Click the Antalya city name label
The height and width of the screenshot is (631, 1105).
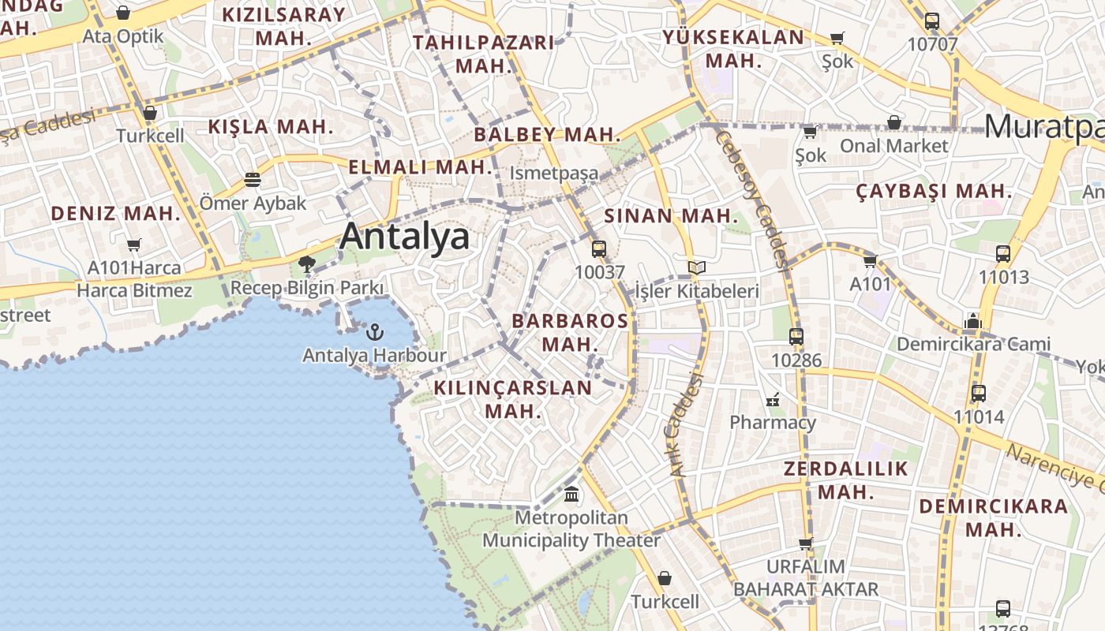point(404,237)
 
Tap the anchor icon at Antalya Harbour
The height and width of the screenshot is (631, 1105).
point(375,331)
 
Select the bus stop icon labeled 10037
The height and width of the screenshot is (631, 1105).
point(599,249)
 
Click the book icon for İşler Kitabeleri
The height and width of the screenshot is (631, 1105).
point(696,268)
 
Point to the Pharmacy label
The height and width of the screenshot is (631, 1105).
point(772,422)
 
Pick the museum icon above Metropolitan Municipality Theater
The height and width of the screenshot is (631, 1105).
point(571,495)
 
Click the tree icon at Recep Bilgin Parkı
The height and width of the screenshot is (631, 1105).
point(307,264)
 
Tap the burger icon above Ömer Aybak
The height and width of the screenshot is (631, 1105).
point(253,180)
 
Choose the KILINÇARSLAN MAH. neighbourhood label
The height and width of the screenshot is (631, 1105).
point(512,399)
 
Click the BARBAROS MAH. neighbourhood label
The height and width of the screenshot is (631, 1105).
point(570,332)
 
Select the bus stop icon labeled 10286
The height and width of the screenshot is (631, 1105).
point(796,337)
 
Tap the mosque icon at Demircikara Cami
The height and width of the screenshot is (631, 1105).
point(972,321)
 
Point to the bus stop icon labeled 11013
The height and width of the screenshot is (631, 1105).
point(1002,254)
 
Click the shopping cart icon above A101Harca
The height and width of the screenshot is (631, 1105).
point(134,245)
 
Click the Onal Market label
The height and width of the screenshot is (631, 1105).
point(893,146)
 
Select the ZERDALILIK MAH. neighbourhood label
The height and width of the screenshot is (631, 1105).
point(846,480)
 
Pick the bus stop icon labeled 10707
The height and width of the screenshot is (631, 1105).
point(931,21)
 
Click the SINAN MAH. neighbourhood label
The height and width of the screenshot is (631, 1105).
point(671,216)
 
